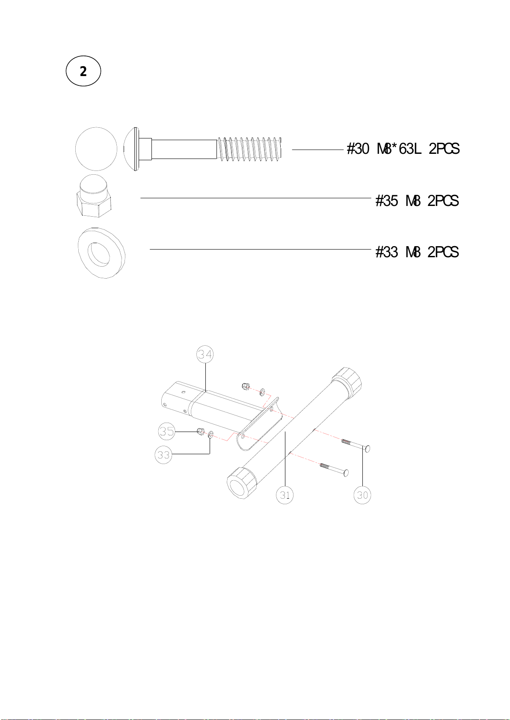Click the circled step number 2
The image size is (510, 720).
click(83, 71)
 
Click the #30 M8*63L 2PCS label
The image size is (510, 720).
click(403, 149)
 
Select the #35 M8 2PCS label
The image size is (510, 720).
click(417, 201)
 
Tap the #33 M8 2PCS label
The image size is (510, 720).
click(417, 252)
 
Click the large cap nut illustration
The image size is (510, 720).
click(95, 196)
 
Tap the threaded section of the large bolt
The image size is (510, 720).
click(249, 149)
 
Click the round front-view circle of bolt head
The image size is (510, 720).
click(96, 149)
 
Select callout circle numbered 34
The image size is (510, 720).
click(205, 354)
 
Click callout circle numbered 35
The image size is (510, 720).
click(167, 431)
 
